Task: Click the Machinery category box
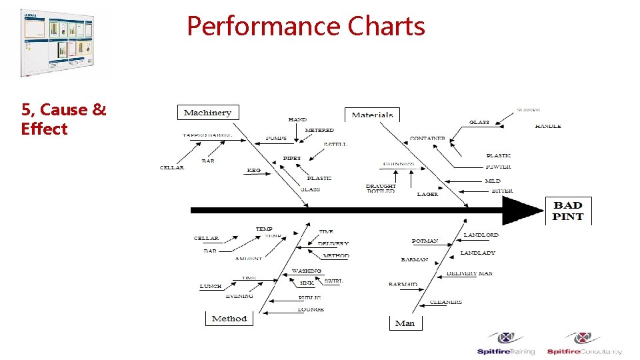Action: point(207,113)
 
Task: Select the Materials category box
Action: point(372,115)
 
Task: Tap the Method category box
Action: point(229,319)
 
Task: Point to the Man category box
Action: point(405,323)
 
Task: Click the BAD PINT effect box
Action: point(568,211)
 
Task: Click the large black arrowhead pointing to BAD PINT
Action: point(523,211)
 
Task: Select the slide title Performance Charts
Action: point(306,27)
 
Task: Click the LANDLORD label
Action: point(481,235)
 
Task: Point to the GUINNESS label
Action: point(399,164)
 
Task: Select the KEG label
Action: point(253,171)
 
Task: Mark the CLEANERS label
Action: point(446,302)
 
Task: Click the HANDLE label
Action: point(548,126)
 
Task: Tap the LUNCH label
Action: point(211,287)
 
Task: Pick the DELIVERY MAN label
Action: point(469,273)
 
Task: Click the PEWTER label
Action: point(499,167)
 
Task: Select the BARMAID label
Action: point(403,285)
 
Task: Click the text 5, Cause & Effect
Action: point(63,119)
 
